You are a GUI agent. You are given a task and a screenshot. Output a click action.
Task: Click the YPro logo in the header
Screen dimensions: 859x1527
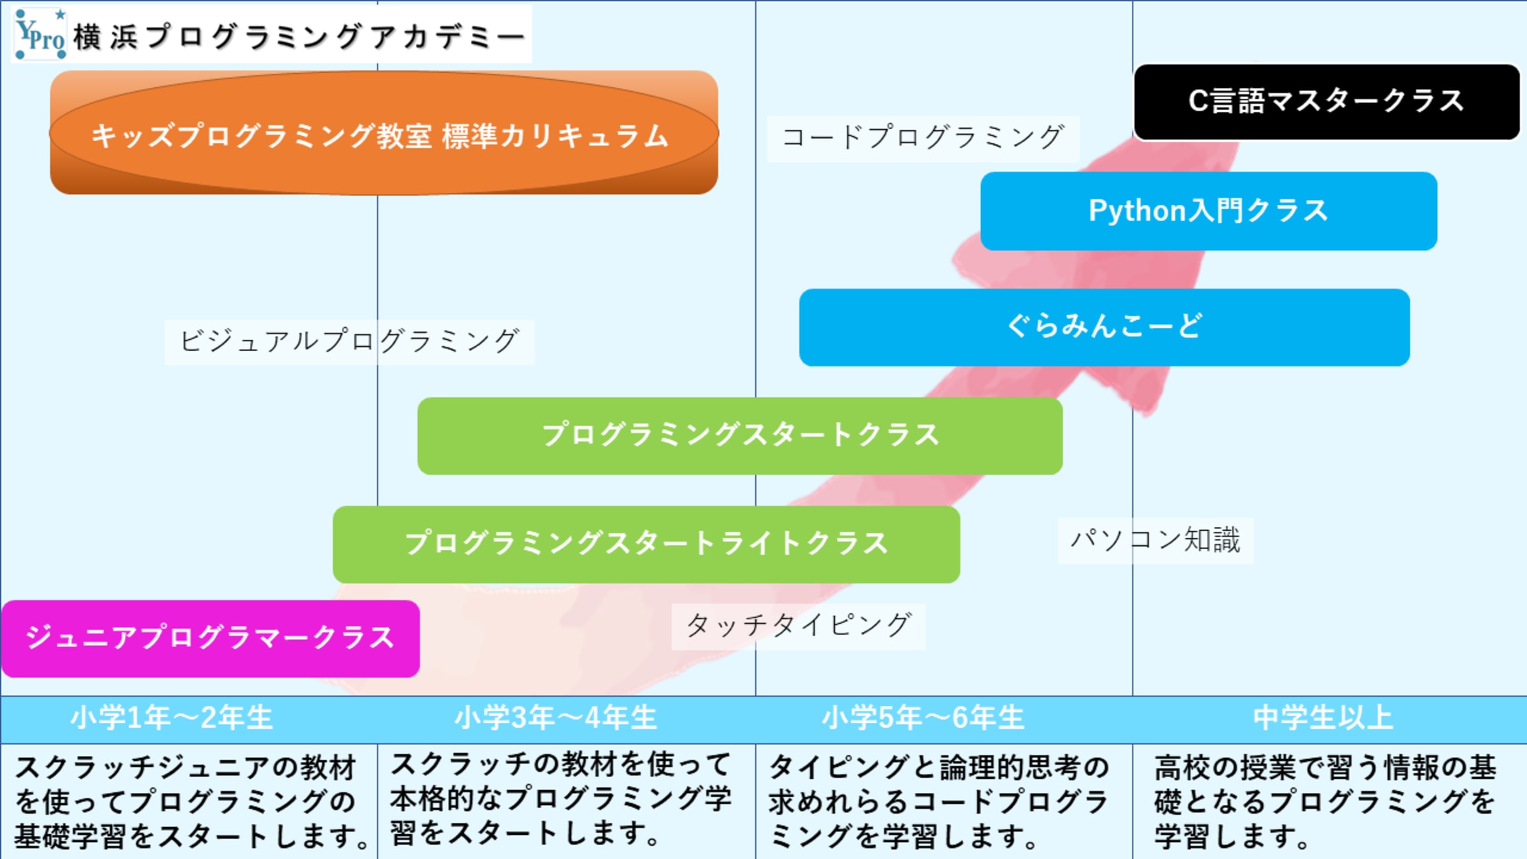pyautogui.click(x=40, y=34)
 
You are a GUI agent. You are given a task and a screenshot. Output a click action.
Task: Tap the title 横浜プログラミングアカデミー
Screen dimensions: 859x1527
pyautogui.click(x=299, y=36)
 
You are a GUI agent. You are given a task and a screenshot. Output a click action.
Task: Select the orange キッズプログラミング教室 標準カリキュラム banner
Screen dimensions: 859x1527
pyautogui.click(x=384, y=134)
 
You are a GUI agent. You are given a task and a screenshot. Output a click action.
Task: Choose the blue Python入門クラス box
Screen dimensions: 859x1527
pyautogui.click(x=1208, y=211)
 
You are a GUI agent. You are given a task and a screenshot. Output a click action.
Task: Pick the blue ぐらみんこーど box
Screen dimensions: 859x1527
pyautogui.click(x=1104, y=327)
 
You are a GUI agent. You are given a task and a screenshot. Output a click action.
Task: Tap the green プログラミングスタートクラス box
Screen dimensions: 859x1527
pyautogui.click(x=740, y=436)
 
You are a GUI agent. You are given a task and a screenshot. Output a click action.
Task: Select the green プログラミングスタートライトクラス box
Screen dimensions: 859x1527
pyautogui.click(x=646, y=544)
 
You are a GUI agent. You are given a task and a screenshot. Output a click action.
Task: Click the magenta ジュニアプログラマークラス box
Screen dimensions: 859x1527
pyautogui.click(x=210, y=638)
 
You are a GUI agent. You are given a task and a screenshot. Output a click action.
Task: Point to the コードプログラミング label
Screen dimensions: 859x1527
pyautogui.click(x=923, y=138)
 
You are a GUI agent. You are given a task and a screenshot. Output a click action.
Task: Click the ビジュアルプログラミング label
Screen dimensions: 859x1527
pyautogui.click(x=349, y=342)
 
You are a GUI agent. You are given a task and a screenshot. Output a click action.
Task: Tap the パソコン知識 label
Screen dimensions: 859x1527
pyautogui.click(x=1155, y=540)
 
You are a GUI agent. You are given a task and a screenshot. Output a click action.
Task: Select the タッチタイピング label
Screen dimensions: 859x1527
pyautogui.click(x=798, y=626)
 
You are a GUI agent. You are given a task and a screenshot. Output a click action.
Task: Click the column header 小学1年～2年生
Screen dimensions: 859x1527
pyautogui.click(x=172, y=718)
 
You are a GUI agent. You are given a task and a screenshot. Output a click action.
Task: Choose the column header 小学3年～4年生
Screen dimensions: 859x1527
pyautogui.click(x=555, y=718)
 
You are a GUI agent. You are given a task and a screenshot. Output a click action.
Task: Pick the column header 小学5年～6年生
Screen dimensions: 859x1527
pyautogui.click(x=923, y=718)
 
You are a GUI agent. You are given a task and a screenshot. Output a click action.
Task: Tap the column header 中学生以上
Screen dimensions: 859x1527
pyautogui.click(x=1323, y=718)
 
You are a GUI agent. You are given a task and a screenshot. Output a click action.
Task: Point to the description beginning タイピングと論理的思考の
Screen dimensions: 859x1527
pyautogui.click(x=938, y=802)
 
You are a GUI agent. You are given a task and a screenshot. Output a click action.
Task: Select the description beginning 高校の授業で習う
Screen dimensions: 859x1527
pyautogui.click(x=1325, y=802)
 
